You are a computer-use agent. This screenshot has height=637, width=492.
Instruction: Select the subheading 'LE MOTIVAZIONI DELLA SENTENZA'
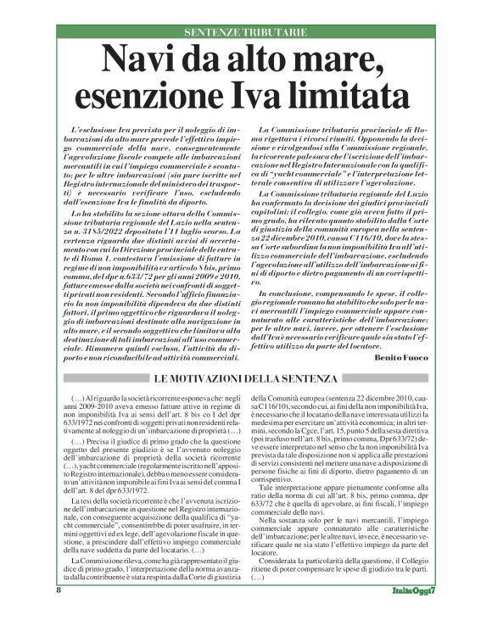pos(246,377)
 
